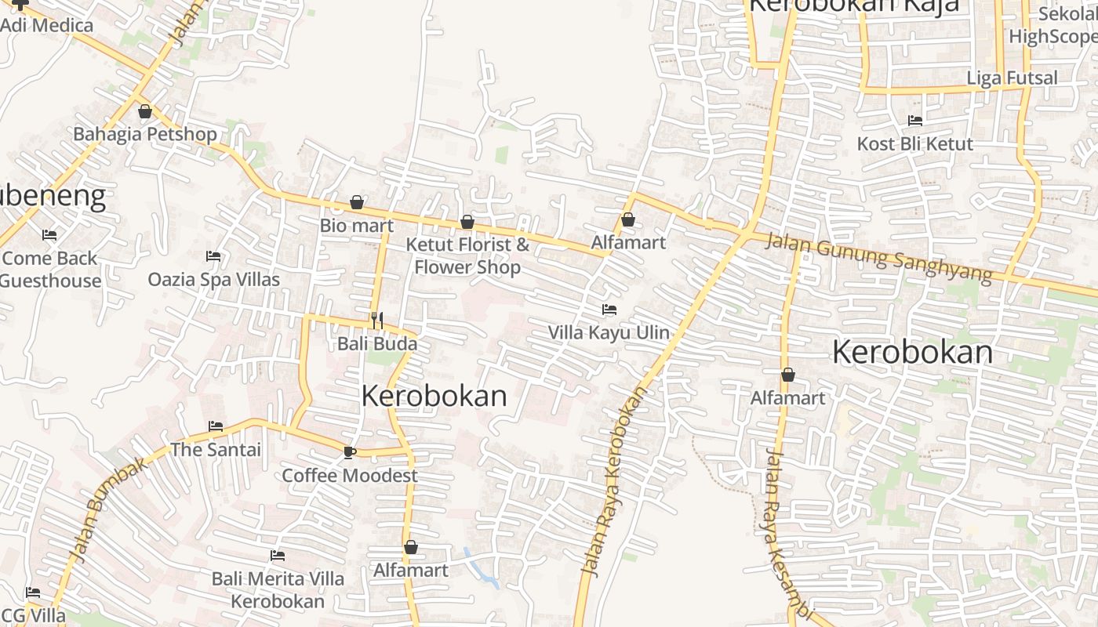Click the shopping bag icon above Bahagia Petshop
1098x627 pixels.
[x=144, y=111]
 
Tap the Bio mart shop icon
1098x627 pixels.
[x=357, y=202]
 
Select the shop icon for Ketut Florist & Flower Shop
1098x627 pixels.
[x=467, y=222]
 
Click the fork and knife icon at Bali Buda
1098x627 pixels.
[x=377, y=320]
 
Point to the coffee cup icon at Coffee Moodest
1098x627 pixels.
[x=349, y=452]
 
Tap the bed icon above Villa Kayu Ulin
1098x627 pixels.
[x=609, y=310]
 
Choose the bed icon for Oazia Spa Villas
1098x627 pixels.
[x=213, y=256]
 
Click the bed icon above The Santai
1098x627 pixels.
[x=216, y=426]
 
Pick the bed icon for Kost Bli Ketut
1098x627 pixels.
[x=914, y=121]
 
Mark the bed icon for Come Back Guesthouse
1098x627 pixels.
[x=49, y=235]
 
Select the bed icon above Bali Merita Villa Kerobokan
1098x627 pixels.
[x=278, y=556]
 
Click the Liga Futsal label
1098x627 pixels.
[x=1012, y=78]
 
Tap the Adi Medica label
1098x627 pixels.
[x=47, y=25]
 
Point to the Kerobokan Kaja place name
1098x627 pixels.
[x=853, y=6]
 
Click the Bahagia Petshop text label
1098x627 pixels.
[x=145, y=134]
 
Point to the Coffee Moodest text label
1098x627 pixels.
[x=350, y=475]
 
